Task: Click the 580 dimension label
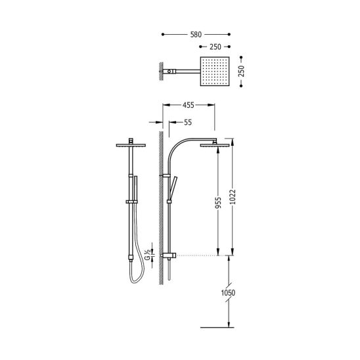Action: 196,35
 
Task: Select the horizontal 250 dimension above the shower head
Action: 215,47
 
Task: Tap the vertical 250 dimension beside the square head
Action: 241,71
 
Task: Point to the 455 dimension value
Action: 189,105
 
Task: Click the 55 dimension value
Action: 188,122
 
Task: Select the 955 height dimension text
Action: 218,202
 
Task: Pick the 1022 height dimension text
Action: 233,197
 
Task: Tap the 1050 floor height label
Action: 228,293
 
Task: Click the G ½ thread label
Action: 148,255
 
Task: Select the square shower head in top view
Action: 215,72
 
